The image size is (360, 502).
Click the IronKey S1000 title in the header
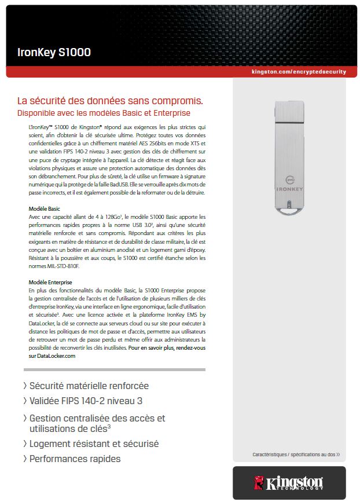click(54, 53)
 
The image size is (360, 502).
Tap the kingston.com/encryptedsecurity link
click(299, 72)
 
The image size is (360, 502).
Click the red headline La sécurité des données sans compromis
click(110, 101)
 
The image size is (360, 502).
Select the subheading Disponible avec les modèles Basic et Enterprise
click(104, 112)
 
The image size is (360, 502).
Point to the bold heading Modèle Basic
click(45, 208)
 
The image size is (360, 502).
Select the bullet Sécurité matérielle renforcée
click(89, 386)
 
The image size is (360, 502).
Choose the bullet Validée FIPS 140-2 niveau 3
click(86, 401)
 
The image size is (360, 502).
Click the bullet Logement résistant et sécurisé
click(94, 444)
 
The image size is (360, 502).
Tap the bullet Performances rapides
click(75, 459)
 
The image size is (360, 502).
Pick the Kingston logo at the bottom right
click(288, 482)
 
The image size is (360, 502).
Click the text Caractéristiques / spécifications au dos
click(296, 455)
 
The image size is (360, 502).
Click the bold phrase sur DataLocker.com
click(52, 356)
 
